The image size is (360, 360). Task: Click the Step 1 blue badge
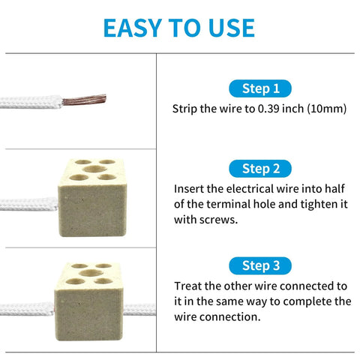260,88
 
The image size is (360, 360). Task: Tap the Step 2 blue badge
260,168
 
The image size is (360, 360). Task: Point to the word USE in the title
228,28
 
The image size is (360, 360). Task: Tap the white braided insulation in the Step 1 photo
30,103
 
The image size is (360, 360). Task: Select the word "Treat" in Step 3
189,286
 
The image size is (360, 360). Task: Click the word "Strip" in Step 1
185,109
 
